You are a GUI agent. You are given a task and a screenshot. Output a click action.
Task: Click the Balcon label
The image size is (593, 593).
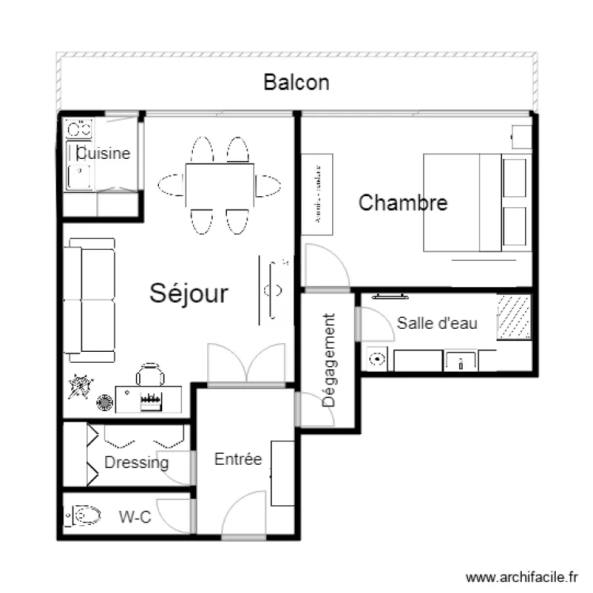pos(296,82)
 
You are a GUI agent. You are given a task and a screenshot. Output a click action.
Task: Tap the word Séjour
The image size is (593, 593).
pos(189,294)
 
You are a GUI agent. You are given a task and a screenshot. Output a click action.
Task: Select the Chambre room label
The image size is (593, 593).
pos(402,202)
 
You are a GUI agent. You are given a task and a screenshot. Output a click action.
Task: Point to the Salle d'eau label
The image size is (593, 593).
pos(436,323)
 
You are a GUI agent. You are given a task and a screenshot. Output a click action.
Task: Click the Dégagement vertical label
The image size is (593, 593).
pos(329,361)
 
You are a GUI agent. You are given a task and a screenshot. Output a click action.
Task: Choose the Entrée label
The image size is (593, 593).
pos(238,459)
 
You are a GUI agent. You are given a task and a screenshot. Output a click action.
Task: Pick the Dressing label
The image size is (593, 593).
pos(137,463)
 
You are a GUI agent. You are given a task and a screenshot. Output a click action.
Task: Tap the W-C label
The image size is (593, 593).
pos(134,517)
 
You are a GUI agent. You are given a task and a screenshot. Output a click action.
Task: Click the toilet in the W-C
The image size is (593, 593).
pos(84,517)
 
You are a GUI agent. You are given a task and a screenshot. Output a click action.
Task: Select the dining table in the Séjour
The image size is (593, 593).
pos(220,185)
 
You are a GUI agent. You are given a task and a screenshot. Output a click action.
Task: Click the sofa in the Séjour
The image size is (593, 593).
pos(90,299)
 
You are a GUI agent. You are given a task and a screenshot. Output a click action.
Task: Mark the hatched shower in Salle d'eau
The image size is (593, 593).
pos(514,316)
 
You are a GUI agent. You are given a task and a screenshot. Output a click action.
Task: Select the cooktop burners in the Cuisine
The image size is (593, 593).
pos(79,127)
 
